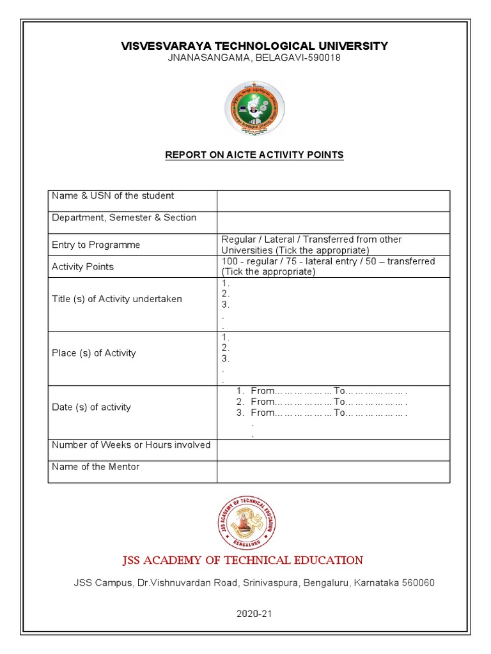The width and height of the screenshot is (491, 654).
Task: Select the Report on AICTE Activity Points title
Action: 254,155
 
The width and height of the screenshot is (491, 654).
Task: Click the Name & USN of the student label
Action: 113,196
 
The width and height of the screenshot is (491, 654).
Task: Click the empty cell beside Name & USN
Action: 333,201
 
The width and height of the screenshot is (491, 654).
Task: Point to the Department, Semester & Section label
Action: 124,218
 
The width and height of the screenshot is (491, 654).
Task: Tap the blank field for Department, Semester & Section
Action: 333,222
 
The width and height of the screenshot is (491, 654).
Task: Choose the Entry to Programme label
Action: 96,245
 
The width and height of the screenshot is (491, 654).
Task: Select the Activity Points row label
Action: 82,267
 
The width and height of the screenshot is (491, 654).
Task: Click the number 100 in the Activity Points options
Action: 229,261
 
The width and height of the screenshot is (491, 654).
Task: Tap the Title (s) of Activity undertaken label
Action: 117,299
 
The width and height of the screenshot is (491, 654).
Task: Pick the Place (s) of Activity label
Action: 94,353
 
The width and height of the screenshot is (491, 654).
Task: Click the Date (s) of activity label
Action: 91,407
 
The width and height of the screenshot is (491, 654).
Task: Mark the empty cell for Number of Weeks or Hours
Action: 333,450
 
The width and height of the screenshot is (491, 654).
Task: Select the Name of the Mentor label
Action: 95,467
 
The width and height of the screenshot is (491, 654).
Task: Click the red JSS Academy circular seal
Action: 247,522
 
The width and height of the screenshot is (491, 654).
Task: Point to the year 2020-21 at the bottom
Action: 254,614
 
